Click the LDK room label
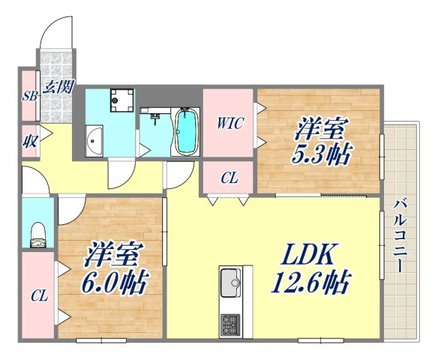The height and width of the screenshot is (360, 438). (307, 256)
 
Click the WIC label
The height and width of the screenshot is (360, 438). (229, 124)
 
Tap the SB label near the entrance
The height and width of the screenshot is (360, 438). (29, 97)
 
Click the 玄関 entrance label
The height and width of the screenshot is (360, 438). (57, 87)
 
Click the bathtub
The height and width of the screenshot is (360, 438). (186, 131)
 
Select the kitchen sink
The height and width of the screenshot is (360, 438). (230, 286)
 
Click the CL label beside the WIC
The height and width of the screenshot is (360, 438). (229, 178)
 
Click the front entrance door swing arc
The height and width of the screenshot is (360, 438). (54, 30)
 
